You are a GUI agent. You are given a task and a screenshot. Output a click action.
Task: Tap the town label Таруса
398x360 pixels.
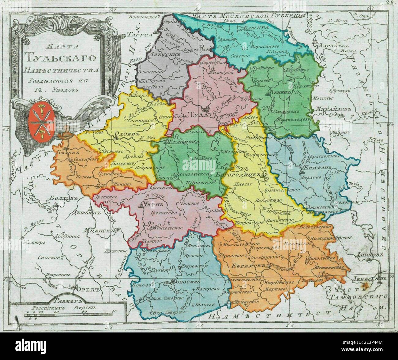(140, 35)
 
